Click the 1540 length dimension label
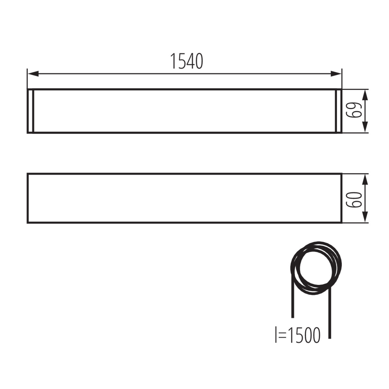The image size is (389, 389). click(x=187, y=62)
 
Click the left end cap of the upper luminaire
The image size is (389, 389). click(x=30, y=111)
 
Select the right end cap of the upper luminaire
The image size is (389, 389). click(x=338, y=111)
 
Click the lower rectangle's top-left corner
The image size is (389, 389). click(x=28, y=174)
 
